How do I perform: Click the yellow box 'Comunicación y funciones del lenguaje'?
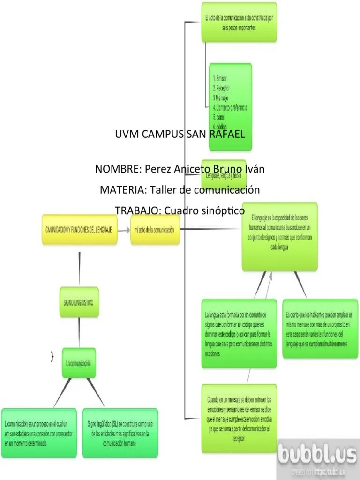(79, 230)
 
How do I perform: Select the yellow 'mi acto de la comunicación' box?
(155, 230)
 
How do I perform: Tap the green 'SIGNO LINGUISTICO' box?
(79, 303)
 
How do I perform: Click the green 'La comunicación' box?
(78, 363)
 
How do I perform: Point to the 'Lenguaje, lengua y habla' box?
(224, 176)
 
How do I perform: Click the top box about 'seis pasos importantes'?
(239, 22)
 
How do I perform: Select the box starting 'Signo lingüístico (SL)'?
(120, 433)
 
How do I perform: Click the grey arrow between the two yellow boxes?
(124, 230)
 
